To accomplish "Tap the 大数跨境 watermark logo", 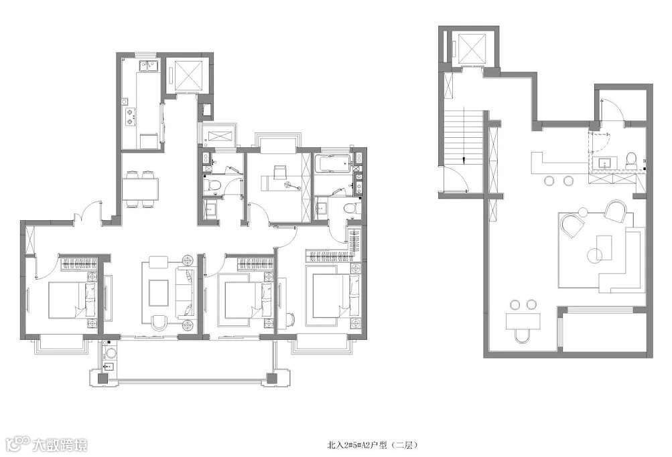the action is pos(45,444).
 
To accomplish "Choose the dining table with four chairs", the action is pos(140,189).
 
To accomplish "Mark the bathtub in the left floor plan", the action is pos(333,164).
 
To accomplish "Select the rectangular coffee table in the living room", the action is pos(159,292).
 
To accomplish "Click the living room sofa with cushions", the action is pos(186,293).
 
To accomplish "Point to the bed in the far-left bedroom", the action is pos(73,299).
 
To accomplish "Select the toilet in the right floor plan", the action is pos(632,160).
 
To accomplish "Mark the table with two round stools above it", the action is pos(523,321).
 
